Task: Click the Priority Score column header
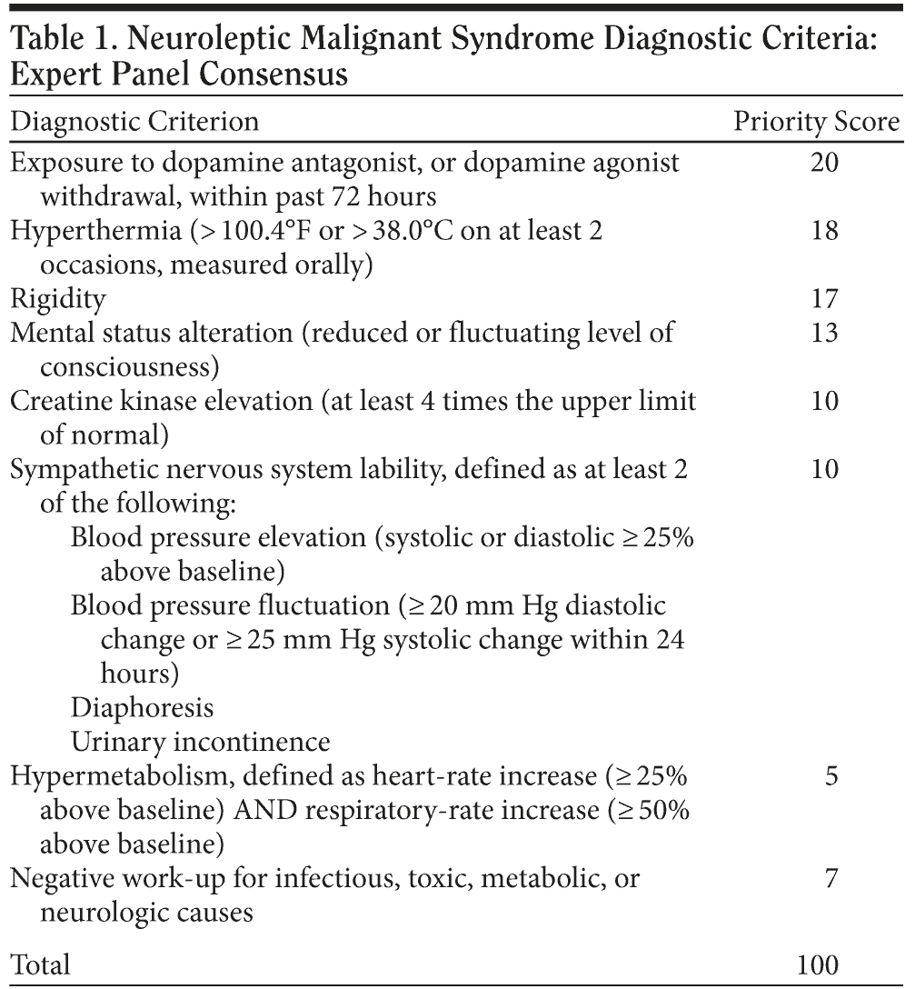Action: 817,122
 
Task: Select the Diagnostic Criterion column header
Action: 134,122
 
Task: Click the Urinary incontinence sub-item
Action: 200,742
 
